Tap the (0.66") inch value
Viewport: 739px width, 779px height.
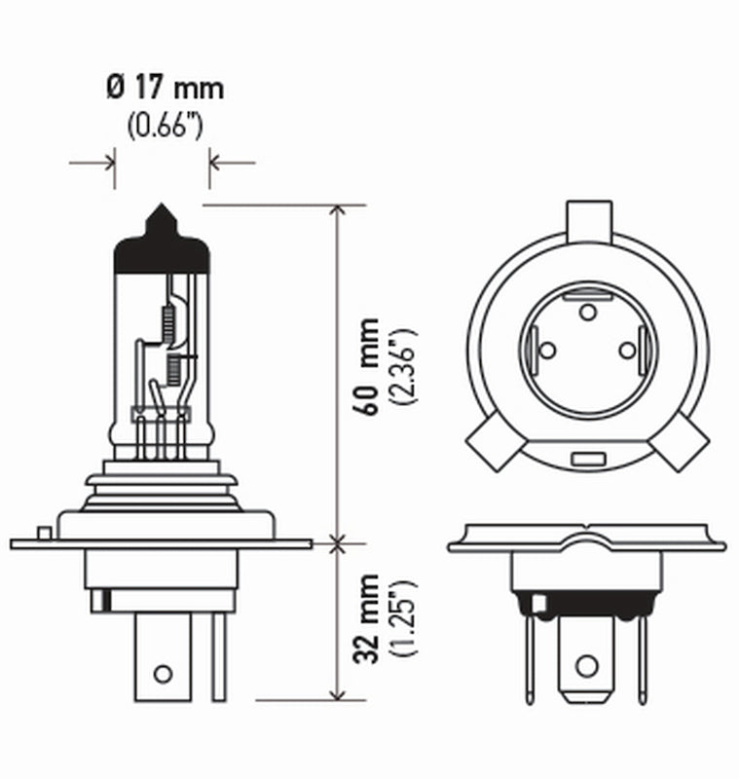(164, 127)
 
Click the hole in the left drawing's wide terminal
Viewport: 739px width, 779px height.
(163, 673)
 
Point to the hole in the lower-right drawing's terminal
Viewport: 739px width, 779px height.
(585, 666)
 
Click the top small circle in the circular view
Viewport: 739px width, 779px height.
(587, 312)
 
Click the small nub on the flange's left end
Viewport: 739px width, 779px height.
(43, 532)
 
